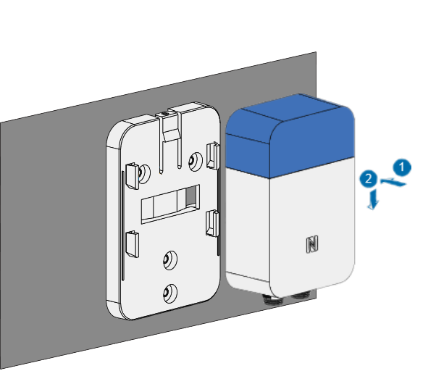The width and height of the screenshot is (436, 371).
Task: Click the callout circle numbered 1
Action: tap(402, 167)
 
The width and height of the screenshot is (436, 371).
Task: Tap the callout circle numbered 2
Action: tap(369, 179)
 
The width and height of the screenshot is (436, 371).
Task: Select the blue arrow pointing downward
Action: tap(372, 199)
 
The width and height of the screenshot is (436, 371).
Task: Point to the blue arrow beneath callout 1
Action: tap(393, 182)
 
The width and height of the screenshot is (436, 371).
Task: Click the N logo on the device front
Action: tap(312, 244)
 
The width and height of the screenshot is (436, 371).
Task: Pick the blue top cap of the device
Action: tap(290, 136)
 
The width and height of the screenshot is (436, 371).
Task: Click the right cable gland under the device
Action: tap(303, 294)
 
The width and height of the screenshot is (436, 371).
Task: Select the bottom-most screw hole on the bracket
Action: tap(169, 293)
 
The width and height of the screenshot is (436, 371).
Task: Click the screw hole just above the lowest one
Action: tap(169, 259)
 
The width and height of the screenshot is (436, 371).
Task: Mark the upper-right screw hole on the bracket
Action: tap(196, 160)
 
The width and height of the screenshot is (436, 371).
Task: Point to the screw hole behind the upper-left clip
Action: tap(143, 173)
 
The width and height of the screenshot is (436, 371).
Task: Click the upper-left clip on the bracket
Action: tap(133, 176)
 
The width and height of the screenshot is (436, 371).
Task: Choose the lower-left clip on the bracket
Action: tap(133, 243)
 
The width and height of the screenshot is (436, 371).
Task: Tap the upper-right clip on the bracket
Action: tap(213, 155)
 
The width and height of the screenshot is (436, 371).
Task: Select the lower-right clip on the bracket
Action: tap(212, 223)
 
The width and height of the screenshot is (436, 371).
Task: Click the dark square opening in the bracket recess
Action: tap(190, 196)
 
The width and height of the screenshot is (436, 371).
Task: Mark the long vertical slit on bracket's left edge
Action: tap(122, 226)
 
